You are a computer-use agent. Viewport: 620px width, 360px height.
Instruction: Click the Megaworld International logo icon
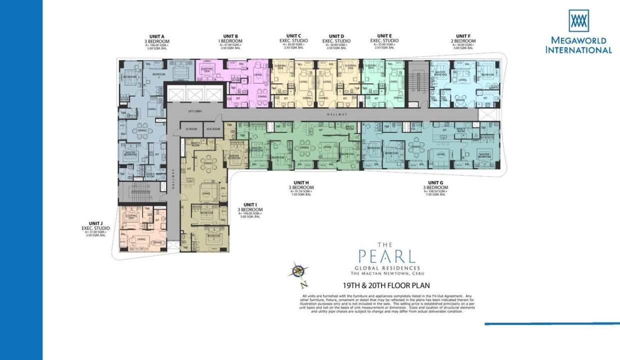pyautogui.click(x=578, y=21)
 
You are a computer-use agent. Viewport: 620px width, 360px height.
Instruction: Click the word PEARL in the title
pyautogui.click(x=387, y=256)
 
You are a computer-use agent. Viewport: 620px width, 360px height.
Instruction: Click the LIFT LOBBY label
pyautogui.click(x=194, y=111)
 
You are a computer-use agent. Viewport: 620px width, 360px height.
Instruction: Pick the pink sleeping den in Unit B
pyautogui.click(x=204, y=71)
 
